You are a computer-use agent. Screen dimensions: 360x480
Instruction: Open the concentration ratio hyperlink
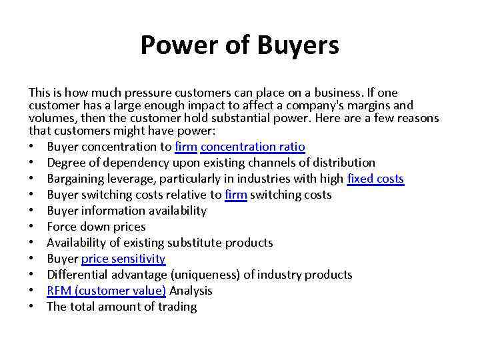(x=253, y=147)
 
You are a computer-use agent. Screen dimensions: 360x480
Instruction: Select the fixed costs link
(x=375, y=179)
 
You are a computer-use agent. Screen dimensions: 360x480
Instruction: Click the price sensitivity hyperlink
(x=123, y=259)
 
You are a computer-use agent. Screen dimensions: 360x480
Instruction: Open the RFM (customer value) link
(x=107, y=291)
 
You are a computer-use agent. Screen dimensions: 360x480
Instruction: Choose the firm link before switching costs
(x=236, y=195)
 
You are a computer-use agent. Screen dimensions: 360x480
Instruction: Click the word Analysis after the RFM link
(x=191, y=291)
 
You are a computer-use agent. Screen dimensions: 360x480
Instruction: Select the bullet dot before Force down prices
(x=32, y=227)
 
